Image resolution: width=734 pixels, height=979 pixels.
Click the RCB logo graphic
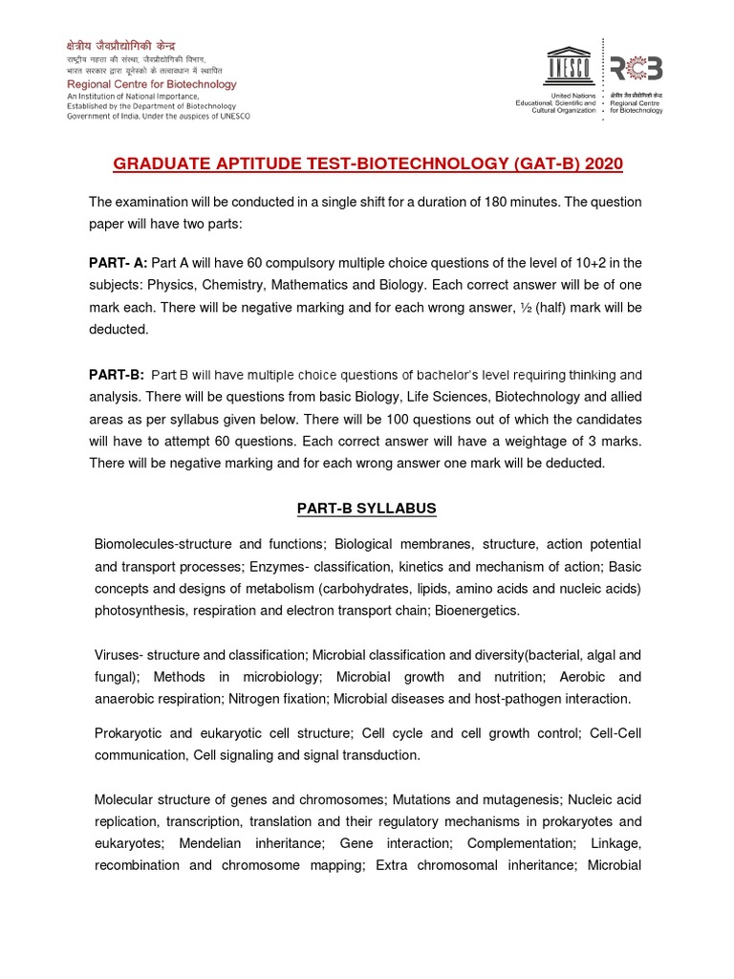[x=637, y=68]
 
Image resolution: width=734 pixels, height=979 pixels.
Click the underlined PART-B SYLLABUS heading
[x=366, y=509]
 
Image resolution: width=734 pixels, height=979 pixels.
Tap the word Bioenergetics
[x=477, y=609]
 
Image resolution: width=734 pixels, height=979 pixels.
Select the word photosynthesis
[x=134, y=609]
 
